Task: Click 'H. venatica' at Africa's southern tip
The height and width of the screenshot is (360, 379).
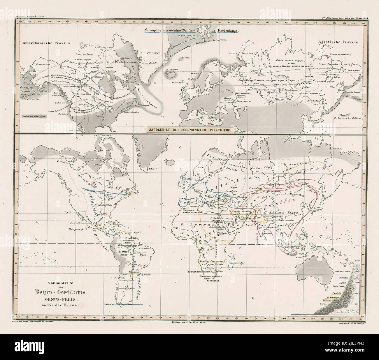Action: coord(212,281)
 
